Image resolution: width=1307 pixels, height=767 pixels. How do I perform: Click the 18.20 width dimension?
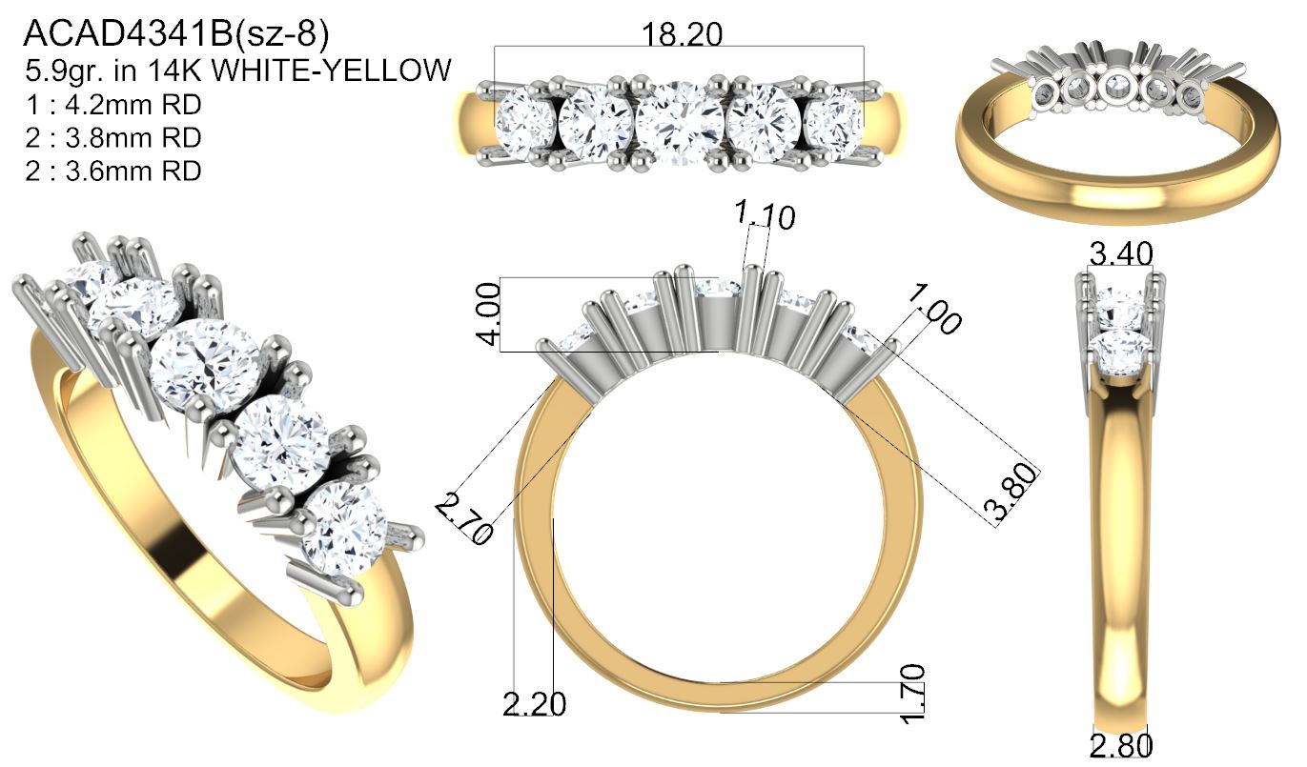(x=682, y=34)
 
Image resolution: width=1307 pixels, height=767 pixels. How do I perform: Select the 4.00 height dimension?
(x=489, y=313)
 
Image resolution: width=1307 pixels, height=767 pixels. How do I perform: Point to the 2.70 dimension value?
(x=464, y=517)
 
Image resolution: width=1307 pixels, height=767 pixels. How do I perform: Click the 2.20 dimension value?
(x=535, y=704)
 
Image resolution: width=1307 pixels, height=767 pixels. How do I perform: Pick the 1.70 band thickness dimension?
(x=912, y=694)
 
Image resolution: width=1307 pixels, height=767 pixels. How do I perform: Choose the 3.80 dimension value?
(x=1011, y=491)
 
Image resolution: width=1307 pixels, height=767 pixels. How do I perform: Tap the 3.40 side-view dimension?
(x=1121, y=253)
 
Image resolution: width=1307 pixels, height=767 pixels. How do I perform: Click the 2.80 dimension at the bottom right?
(x=1121, y=745)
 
